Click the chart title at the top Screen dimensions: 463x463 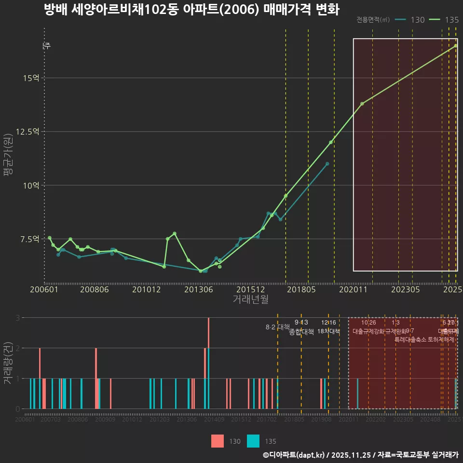[x=191, y=10]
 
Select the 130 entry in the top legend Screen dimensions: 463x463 [x=409, y=20]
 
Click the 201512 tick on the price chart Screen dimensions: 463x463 [x=250, y=289]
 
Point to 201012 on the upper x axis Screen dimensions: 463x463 [x=146, y=289]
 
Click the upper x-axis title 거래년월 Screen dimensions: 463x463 [x=250, y=299]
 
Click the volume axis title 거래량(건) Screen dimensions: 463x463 [x=8, y=363]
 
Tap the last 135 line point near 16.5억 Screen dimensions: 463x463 [x=456, y=46]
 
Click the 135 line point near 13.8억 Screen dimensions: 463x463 [x=362, y=104]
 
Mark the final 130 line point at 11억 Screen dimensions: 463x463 [x=327, y=164]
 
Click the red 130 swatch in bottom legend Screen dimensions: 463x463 [x=218, y=441]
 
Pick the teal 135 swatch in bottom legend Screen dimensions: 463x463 [x=253, y=441]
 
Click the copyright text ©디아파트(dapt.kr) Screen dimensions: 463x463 [x=294, y=455]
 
